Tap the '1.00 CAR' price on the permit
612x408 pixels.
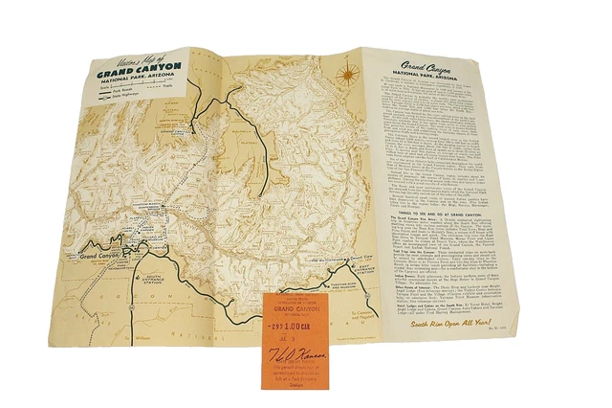point(300,328)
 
